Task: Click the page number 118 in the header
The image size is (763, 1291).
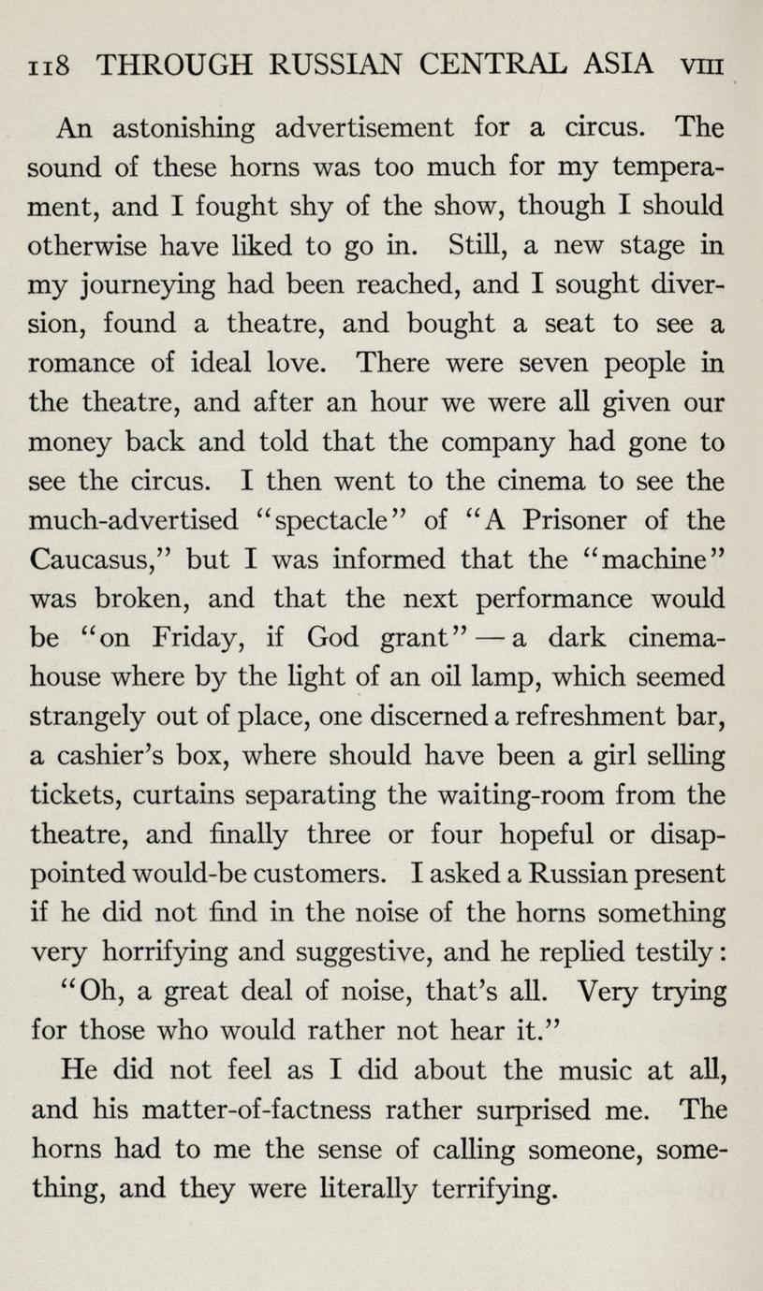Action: [47, 65]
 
